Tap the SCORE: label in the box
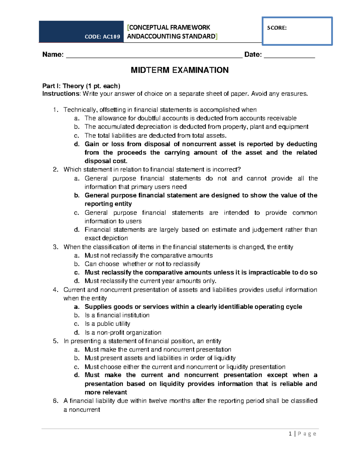[x=277, y=28]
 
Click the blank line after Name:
[x=154, y=55]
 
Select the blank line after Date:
[x=289, y=55]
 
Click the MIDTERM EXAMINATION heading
[x=180, y=70]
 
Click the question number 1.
[x=55, y=110]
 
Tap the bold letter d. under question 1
[x=77, y=144]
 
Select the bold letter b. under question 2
[x=77, y=195]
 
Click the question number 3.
[x=55, y=247]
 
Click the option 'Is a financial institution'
[x=117, y=315]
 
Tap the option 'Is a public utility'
[x=107, y=324]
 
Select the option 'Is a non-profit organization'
[x=123, y=332]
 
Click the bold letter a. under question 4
[x=77, y=307]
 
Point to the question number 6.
[x=55, y=401]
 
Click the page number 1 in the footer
[x=290, y=434]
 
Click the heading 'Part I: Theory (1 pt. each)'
[x=81, y=86]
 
